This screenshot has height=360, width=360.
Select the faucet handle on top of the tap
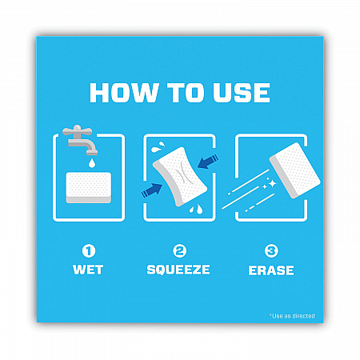pos(78,130)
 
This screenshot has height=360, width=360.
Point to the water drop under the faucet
pos(92,163)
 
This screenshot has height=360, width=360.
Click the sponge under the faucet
pos(89,187)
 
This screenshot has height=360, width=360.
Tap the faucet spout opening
pos(92,153)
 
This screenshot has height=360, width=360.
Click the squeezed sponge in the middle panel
pos(179,177)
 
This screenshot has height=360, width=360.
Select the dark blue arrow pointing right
pos(152,190)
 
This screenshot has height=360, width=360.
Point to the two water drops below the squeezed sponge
pos(196,210)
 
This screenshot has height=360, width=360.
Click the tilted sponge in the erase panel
pos(294,170)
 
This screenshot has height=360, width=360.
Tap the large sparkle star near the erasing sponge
pos(272,183)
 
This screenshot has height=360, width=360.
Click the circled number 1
pos(89,251)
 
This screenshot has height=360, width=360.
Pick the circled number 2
pos(179,251)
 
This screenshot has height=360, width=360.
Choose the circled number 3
pos(271,251)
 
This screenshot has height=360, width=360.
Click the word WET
pos(88,270)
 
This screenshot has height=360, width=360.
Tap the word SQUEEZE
pos(178,270)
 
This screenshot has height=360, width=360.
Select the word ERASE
pos(271,270)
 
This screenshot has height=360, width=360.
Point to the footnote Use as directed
pos(292,316)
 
